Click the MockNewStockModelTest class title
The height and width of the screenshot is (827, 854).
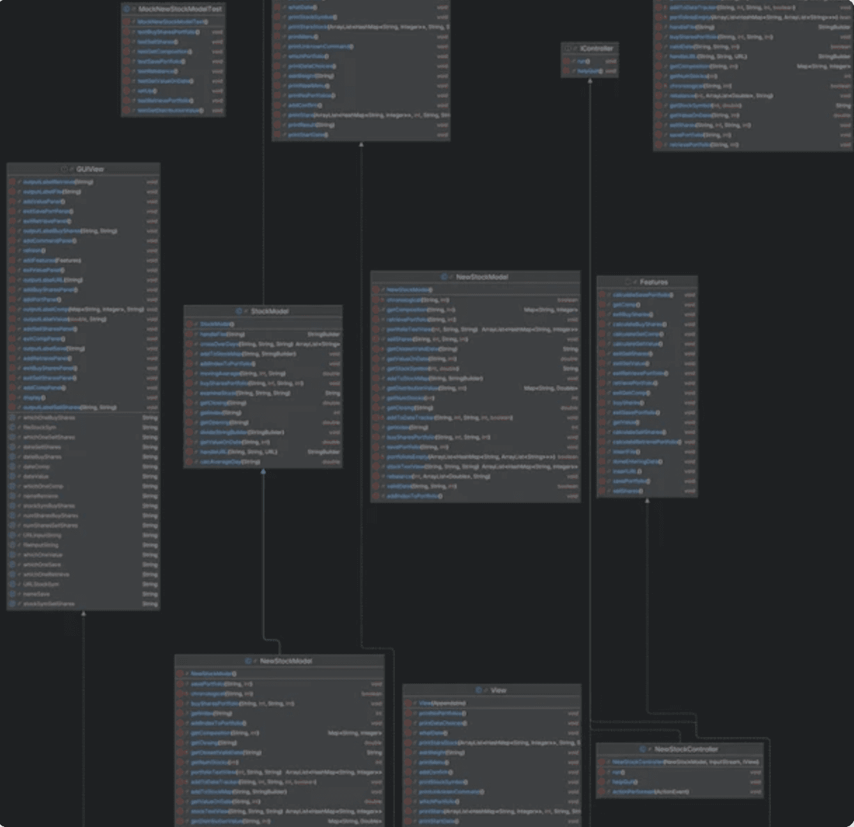coord(180,10)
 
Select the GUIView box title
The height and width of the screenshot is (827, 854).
coord(89,169)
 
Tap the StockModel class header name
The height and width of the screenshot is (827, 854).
coord(269,311)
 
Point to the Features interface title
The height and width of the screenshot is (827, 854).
coord(653,282)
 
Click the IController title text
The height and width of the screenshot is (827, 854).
coord(596,49)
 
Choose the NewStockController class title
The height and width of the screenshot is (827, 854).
coord(686,749)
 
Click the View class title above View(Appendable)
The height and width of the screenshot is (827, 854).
coord(498,690)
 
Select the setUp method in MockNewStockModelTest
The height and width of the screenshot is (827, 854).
coord(146,91)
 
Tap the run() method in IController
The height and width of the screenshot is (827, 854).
coord(583,61)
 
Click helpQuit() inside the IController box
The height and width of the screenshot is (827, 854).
coord(588,71)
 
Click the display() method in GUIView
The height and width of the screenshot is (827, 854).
coord(32,398)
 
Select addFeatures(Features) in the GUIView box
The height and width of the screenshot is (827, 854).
coord(52,260)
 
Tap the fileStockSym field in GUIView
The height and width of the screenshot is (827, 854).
coord(40,428)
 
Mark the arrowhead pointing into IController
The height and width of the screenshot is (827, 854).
coord(590,81)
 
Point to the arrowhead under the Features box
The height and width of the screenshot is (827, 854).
coord(647,500)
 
